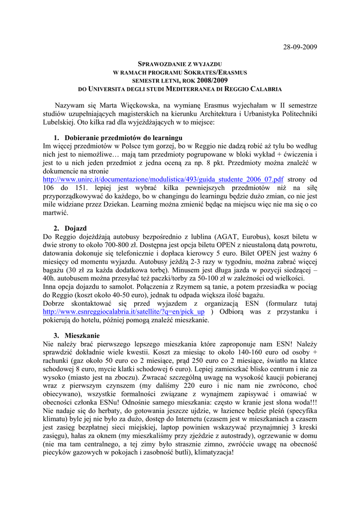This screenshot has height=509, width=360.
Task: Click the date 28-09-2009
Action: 300,47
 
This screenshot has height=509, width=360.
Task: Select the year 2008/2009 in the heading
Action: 213,81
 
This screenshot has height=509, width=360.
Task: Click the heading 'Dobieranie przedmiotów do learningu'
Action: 116,138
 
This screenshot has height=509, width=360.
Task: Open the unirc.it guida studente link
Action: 164,179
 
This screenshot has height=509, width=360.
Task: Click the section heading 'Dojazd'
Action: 76,228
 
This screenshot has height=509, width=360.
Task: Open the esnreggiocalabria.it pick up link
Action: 124,312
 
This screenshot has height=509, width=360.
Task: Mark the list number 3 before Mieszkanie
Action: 56,336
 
